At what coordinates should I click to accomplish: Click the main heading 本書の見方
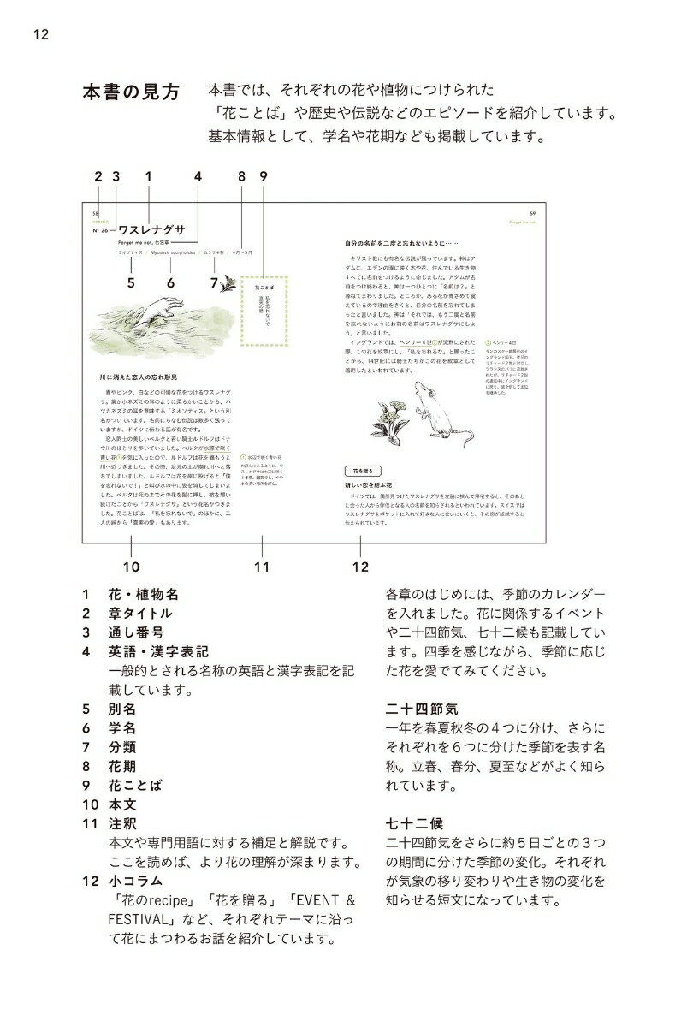pos(131,92)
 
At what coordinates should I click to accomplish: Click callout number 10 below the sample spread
pos(131,566)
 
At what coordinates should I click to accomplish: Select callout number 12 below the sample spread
pos(360,566)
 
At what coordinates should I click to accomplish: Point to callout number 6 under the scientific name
pos(170,282)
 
